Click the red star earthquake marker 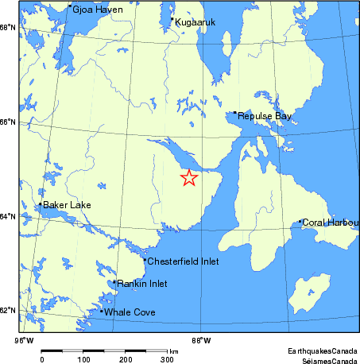188,177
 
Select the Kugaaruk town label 195,22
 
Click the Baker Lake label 67,205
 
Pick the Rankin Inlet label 141,284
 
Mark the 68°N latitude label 7,27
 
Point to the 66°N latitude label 7,122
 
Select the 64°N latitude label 7,216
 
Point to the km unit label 173,350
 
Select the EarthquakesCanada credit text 323,350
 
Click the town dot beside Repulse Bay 235,113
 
